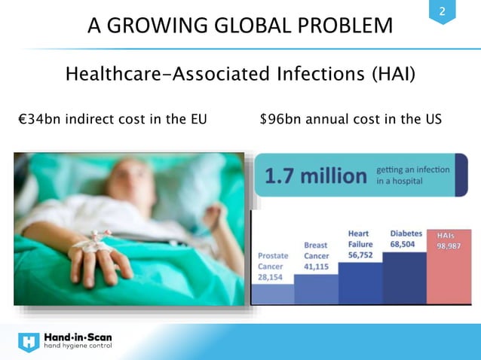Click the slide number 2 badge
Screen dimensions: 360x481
443,12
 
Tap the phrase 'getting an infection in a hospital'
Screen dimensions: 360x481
413,175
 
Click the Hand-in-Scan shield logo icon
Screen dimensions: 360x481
29,343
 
